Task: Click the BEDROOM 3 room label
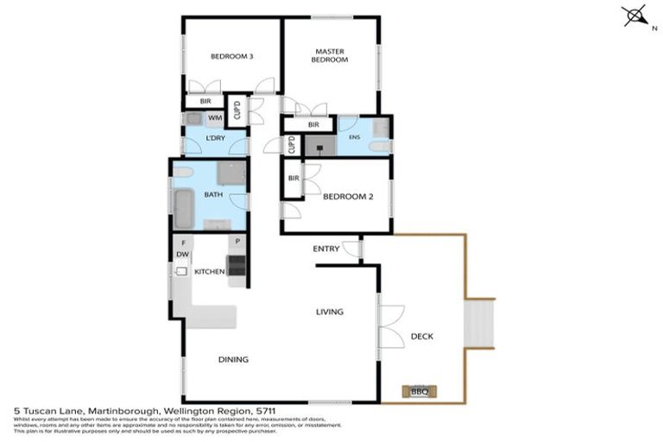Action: (232, 57)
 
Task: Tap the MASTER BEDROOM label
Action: (330, 55)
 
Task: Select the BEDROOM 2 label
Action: (347, 197)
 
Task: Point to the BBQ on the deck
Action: (420, 391)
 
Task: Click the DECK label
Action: (421, 337)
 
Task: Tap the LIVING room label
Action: (329, 312)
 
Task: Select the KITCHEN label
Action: (209, 272)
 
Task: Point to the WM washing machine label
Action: (214, 117)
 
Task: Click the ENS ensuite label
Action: (353, 137)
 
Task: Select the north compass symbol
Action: (636, 16)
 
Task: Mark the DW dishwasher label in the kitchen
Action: (182, 255)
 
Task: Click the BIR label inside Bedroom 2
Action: (294, 179)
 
